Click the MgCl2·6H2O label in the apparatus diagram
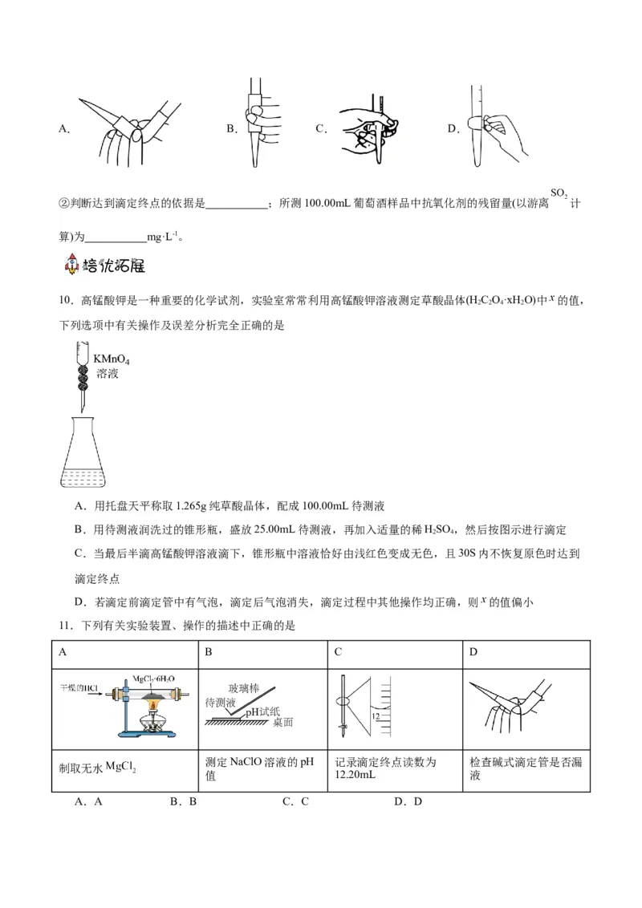(153, 679)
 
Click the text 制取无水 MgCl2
(97, 768)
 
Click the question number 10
(66, 301)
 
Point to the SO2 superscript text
(559, 195)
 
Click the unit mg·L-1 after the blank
(165, 237)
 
